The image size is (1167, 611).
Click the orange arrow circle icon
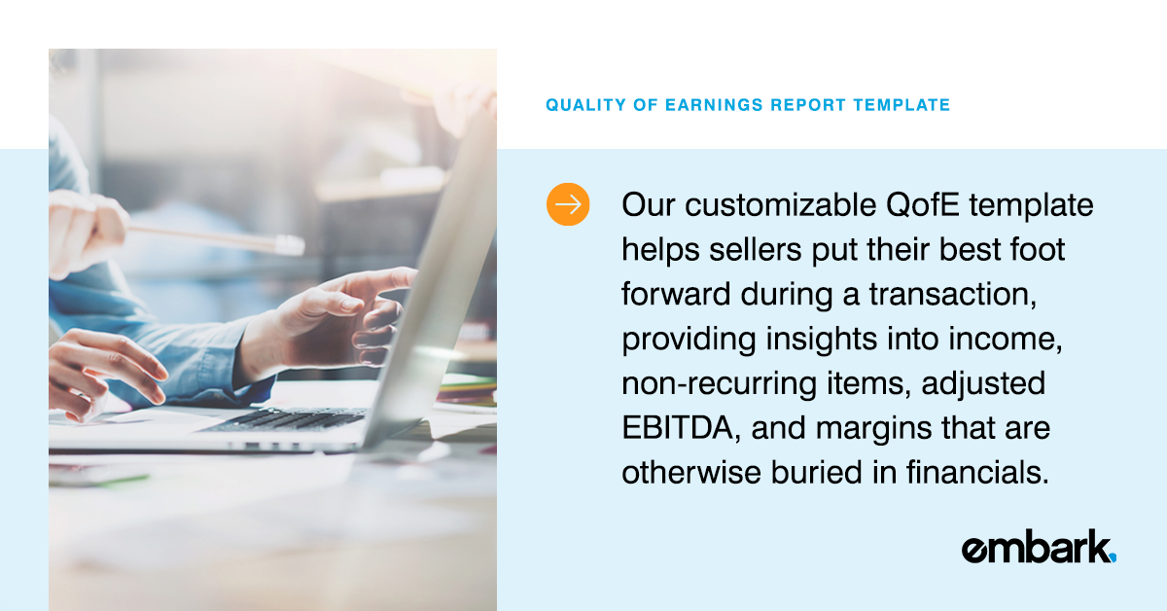coord(568,204)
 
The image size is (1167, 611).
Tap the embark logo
coord(1037,548)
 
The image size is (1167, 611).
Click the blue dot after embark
coord(1113,557)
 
